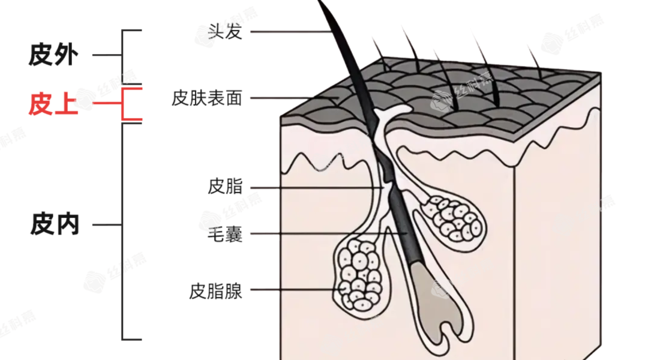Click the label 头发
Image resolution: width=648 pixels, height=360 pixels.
pos(225,31)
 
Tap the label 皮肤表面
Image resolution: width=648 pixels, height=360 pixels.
pos(206,98)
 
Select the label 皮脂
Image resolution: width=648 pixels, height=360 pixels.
pos(225,187)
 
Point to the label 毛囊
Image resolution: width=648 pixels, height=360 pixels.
pos(225,233)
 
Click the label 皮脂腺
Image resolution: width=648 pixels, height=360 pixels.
pos(215,292)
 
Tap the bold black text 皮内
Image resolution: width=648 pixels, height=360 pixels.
pos(54,226)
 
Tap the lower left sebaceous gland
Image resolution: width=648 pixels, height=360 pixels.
pos(358,273)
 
